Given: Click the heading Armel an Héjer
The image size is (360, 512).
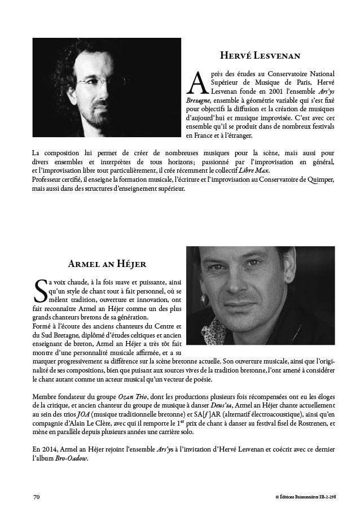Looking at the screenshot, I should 107,264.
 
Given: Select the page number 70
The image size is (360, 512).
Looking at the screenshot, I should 36,497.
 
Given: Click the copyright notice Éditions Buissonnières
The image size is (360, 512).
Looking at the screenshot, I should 302,497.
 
